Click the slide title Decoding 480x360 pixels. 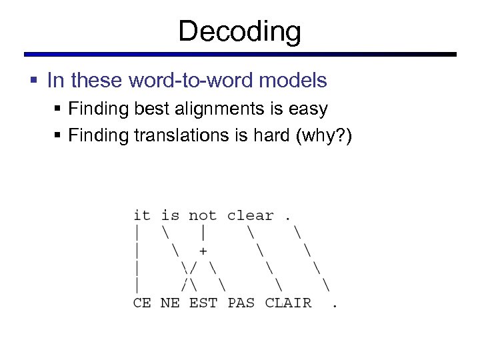coord(239,31)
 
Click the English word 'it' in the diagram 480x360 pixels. coord(142,215)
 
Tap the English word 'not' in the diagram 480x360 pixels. coord(202,215)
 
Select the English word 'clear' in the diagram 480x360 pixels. coord(250,215)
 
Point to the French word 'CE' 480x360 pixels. coord(142,303)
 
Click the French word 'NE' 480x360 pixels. coord(170,303)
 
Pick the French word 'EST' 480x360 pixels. coord(203,303)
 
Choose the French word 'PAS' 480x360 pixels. coord(241,303)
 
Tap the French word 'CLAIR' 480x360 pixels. coord(288,303)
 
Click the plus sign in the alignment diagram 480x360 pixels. coord(203,251)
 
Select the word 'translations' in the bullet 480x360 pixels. coord(176,135)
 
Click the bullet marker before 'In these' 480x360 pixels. coord(33,81)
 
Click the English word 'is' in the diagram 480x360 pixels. coord(170,215)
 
